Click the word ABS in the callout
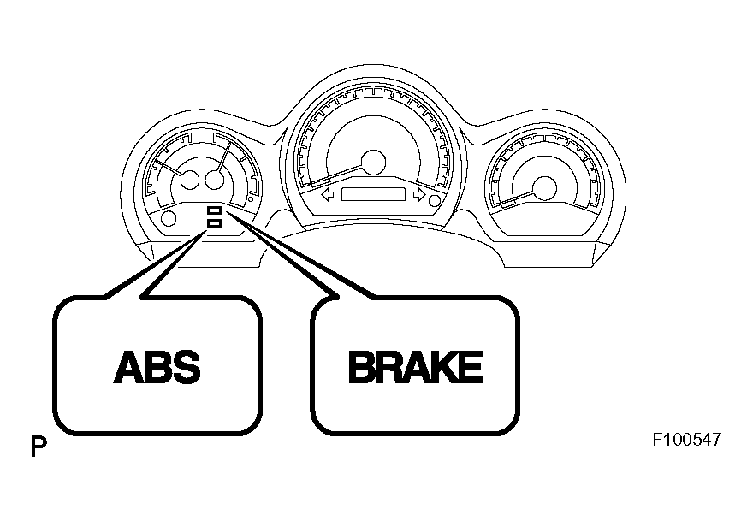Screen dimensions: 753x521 pyautogui.click(x=157, y=367)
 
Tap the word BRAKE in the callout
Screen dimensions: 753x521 pyautogui.click(x=415, y=367)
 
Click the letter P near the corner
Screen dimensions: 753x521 pyautogui.click(x=39, y=447)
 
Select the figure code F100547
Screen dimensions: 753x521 pyautogui.click(x=686, y=440)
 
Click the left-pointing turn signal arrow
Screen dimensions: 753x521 pyautogui.click(x=328, y=195)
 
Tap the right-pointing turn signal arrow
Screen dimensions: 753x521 pyautogui.click(x=419, y=195)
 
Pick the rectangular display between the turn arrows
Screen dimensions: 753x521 pyautogui.click(x=373, y=194)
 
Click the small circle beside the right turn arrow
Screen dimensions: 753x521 pyautogui.click(x=435, y=201)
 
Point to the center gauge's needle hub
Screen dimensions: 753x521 pyautogui.click(x=373, y=162)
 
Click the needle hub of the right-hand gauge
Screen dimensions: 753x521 pyautogui.click(x=544, y=188)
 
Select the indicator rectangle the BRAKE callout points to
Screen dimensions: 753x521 pyautogui.click(x=214, y=210)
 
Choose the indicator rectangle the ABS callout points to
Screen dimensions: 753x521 pyautogui.click(x=214, y=222)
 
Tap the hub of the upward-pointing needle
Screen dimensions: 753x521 pyautogui.click(x=214, y=180)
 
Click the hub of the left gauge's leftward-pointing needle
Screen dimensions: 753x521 pyautogui.click(x=189, y=180)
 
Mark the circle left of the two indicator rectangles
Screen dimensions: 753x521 pyautogui.click(x=169, y=218)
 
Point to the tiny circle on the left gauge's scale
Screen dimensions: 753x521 pyautogui.click(x=250, y=198)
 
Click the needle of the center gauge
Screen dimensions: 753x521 pyautogui.click(x=336, y=175)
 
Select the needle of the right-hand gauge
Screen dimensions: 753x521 pyautogui.click(x=517, y=198)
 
